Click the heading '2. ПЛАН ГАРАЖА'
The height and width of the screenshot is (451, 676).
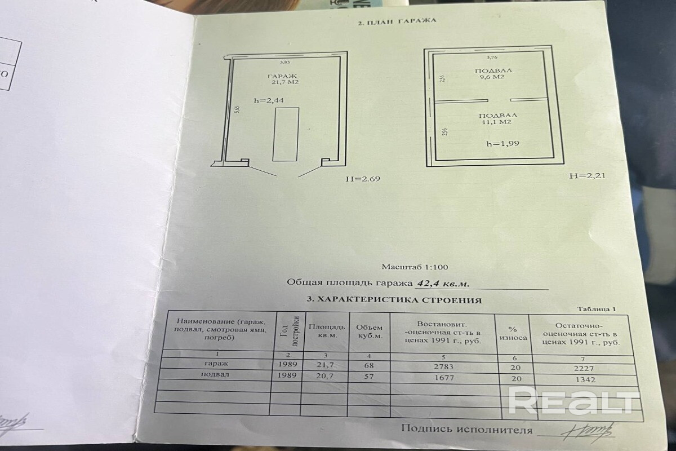tap(398, 23)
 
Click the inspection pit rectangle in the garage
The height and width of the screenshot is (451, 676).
tap(285, 135)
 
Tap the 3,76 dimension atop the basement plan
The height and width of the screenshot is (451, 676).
tap(492, 57)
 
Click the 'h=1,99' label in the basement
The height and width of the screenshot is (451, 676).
tap(502, 143)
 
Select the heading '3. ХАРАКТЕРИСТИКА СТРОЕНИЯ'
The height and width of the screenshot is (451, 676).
tap(394, 300)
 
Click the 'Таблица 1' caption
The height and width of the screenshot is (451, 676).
tap(597, 309)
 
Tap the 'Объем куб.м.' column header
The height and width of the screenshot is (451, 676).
tap(370, 332)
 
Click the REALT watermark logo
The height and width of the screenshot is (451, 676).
tap(574, 401)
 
